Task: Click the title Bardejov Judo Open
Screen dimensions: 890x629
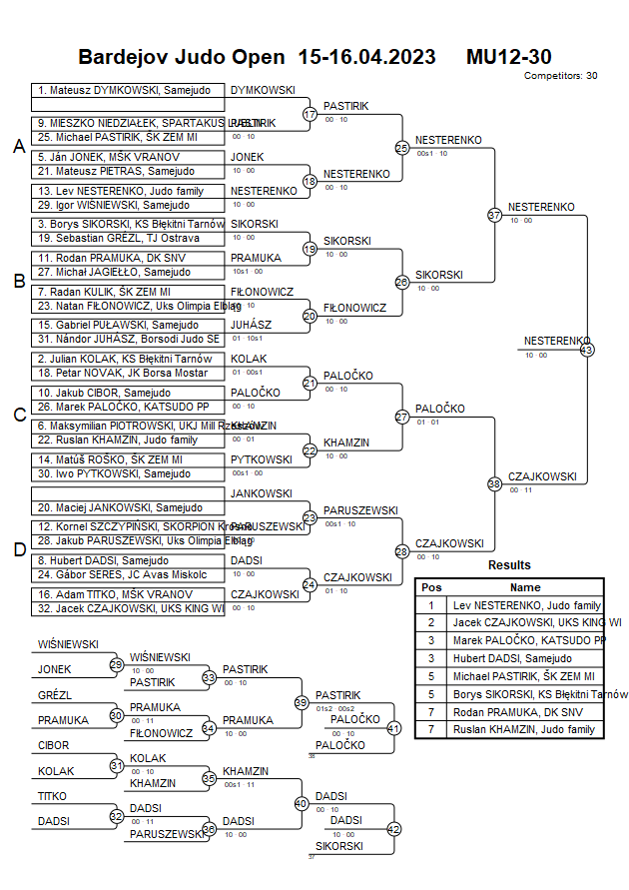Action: [186, 57]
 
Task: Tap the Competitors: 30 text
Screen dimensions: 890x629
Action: [560, 75]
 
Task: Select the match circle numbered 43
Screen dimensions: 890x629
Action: [587, 350]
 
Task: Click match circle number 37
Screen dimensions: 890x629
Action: [494, 215]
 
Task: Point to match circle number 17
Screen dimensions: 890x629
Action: [310, 114]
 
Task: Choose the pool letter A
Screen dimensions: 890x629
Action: [19, 147]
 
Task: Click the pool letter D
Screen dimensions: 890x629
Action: [19, 548]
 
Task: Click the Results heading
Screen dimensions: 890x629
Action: [509, 565]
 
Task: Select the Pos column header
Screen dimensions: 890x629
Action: [431, 587]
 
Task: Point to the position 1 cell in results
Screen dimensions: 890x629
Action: [431, 604]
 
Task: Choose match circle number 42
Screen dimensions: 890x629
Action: [393, 829]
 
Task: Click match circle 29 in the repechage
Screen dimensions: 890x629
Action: [116, 664]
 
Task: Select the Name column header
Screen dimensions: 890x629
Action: [525, 587]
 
